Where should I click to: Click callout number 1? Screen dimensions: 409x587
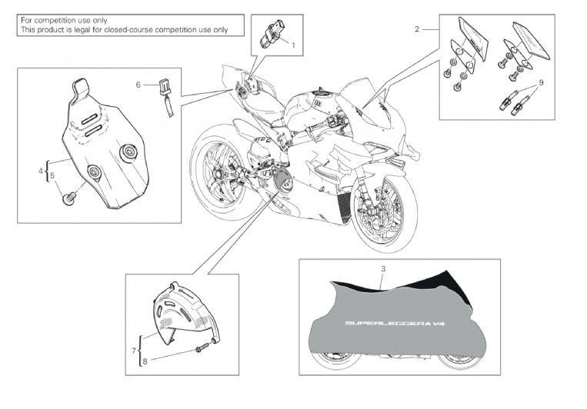click(x=294, y=45)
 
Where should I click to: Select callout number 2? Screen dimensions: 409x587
click(x=417, y=29)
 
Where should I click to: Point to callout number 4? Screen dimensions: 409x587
click(x=41, y=171)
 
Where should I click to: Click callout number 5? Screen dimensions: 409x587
click(x=52, y=176)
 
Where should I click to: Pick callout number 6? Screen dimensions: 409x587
click(x=138, y=85)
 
